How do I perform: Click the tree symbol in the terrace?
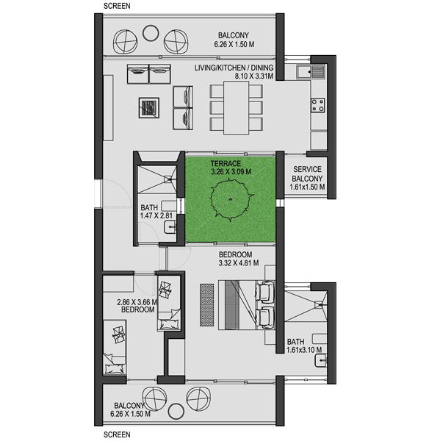pyautogui.click(x=231, y=199)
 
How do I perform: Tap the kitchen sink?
pyautogui.click(x=311, y=71)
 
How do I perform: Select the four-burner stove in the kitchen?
pyautogui.click(x=318, y=105)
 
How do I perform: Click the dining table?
pyautogui.click(x=237, y=108)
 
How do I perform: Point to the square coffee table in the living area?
pyautogui.click(x=149, y=108)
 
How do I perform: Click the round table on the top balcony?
pyautogui.click(x=151, y=33)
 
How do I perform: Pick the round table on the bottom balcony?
pyautogui.click(x=176, y=411)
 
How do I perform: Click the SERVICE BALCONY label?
pyautogui.click(x=307, y=174)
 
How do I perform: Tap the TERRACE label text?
pyautogui.click(x=226, y=164)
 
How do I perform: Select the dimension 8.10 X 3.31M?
pyautogui.click(x=254, y=76)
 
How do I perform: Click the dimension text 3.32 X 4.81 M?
pyautogui.click(x=238, y=263)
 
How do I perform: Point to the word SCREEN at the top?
pyautogui.click(x=117, y=6)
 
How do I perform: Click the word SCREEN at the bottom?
pyautogui.click(x=117, y=434)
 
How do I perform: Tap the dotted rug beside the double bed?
pyautogui.click(x=206, y=305)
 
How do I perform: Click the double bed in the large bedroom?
pyautogui.click(x=247, y=304)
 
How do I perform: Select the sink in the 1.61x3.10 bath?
pyautogui.click(x=320, y=360)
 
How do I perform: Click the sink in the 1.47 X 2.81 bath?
pyautogui.click(x=170, y=227)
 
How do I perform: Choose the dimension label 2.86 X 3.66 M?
pyautogui.click(x=137, y=302)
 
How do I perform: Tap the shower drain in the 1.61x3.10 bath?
pyautogui.click(x=320, y=305)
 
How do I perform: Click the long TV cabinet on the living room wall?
pyautogui.click(x=108, y=108)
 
